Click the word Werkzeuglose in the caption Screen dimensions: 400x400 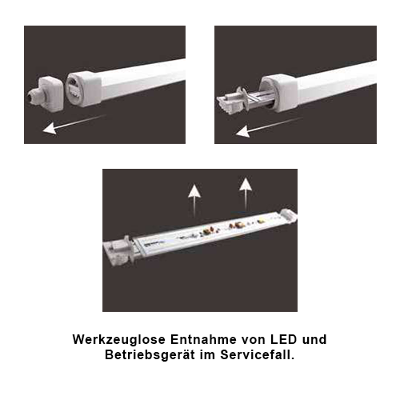119,340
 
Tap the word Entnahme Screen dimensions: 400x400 203,340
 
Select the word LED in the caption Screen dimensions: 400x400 284,340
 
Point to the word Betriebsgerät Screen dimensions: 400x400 150,355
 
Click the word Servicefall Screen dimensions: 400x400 258,355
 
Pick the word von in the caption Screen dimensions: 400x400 254,340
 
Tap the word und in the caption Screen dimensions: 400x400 314,340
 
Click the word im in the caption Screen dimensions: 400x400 208,355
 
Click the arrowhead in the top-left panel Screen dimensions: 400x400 50,129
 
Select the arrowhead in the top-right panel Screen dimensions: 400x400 243,132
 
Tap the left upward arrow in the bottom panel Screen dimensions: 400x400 194,201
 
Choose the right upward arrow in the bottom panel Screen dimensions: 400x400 246,194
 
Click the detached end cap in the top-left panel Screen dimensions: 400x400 46,94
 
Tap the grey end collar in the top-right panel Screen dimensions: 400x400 278,91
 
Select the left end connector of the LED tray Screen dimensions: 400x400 118,250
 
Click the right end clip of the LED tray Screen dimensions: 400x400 288,215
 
